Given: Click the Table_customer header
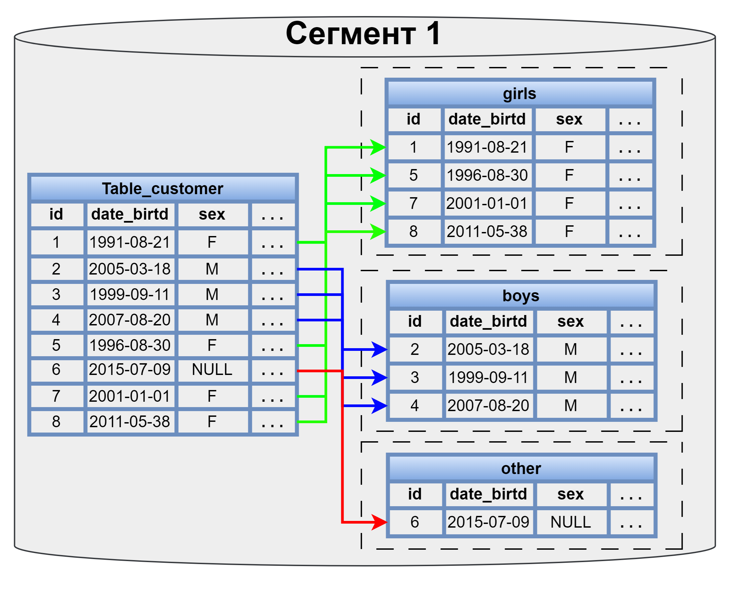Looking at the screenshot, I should pos(163,189).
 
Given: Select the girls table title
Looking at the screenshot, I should pos(520,94).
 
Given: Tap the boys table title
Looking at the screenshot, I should pos(521,296).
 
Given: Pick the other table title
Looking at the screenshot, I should pos(521,469).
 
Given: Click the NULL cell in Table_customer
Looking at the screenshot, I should pos(212,370).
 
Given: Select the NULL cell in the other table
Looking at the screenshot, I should pos(571,522).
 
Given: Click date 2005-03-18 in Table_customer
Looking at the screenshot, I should pos(130,269).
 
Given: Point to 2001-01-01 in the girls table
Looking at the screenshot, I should pos(487,204).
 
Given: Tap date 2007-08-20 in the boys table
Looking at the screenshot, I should pos(488,406).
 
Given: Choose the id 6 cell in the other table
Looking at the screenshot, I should pos(415,522).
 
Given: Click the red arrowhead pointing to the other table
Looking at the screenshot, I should pos(380,522).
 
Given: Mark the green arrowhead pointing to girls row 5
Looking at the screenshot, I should pos(378,175).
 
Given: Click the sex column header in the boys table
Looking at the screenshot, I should pos(571,322).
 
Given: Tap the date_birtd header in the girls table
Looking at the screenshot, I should pos(487,120).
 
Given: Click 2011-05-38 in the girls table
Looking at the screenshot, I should pos(487,232).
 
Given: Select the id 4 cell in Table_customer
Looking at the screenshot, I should pos(56,320).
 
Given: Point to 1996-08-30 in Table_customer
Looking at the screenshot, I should pos(130,346).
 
